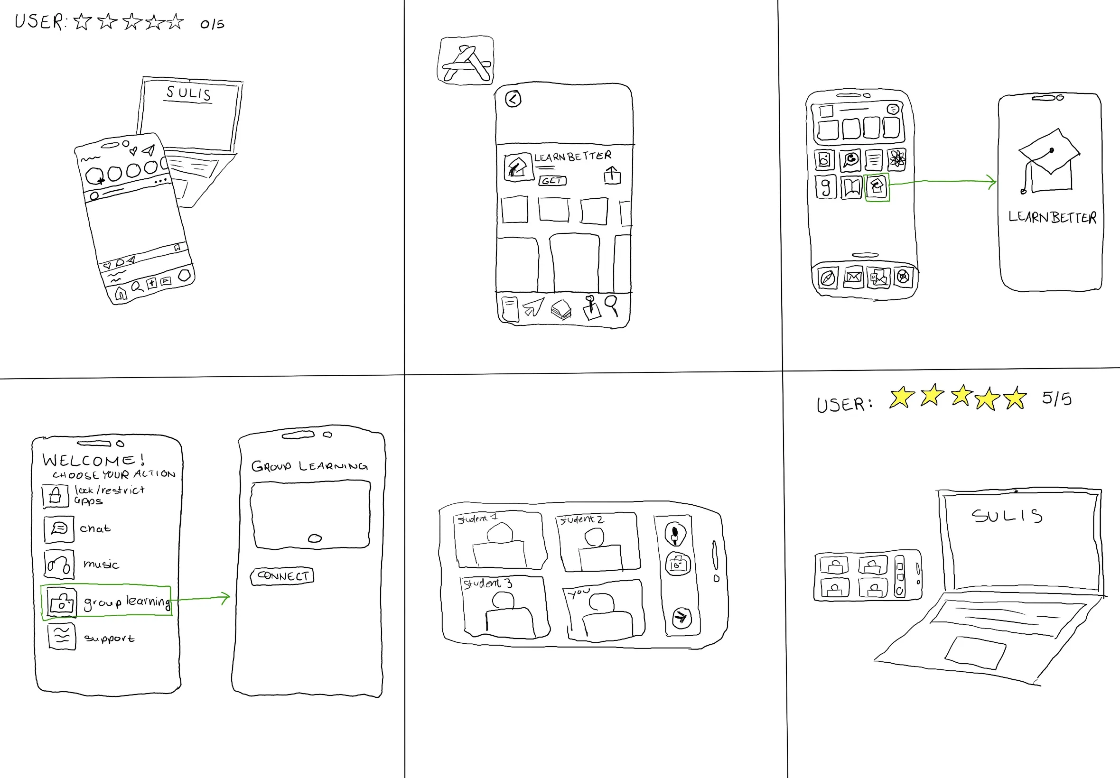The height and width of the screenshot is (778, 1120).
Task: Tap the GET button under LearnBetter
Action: tap(552, 181)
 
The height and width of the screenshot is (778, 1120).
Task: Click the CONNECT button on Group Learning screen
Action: tap(282, 576)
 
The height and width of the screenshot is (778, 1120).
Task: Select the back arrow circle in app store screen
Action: tap(513, 100)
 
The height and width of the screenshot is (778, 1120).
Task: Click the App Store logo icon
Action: tap(466, 61)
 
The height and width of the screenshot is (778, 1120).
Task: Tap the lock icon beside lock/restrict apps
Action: tap(55, 496)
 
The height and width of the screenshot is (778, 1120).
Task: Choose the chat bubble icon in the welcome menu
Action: tap(59, 528)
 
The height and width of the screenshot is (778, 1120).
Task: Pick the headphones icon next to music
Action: tap(59, 565)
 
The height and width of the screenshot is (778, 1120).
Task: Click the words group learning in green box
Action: tap(127, 602)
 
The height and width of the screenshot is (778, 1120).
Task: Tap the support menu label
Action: tap(109, 638)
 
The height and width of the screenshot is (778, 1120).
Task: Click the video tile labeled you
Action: tap(605, 609)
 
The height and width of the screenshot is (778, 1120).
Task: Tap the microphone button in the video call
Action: tap(675, 534)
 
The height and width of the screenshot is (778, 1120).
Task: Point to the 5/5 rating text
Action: tap(1056, 399)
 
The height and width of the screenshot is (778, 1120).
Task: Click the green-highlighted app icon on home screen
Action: tap(877, 187)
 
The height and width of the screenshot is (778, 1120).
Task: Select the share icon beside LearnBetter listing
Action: tap(612, 175)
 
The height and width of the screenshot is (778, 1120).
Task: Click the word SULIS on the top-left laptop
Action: tap(189, 93)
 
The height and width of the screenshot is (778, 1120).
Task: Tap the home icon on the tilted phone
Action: tap(121, 294)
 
